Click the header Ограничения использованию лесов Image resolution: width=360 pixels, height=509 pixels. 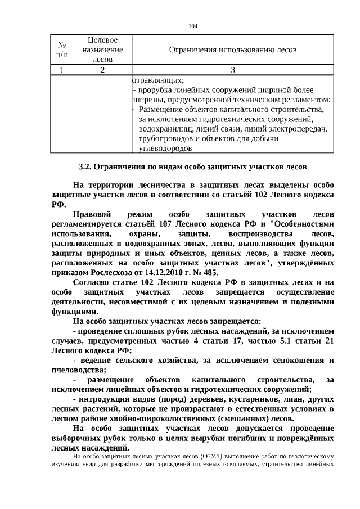click(233, 50)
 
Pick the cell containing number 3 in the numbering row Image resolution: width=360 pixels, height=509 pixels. click(233, 70)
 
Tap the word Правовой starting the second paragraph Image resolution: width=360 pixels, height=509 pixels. click(93, 215)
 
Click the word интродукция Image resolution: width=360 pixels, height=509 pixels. click(103, 399)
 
